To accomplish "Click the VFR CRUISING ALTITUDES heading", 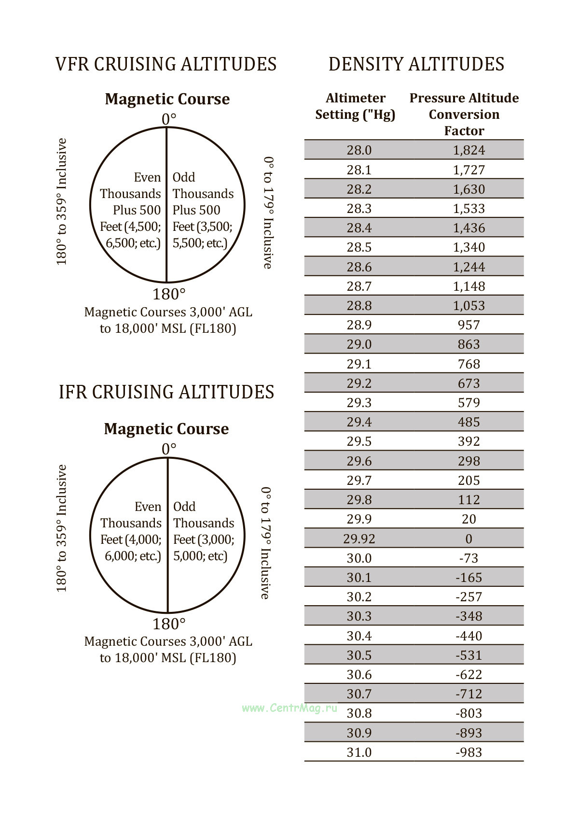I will click(166, 64).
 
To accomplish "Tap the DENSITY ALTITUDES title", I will click(416, 64).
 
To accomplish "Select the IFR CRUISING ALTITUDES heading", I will click(166, 392).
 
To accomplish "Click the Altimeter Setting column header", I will click(355, 106).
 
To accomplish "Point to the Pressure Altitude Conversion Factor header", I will click(464, 114).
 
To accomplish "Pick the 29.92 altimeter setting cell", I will click(359, 538).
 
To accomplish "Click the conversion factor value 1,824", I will click(469, 150).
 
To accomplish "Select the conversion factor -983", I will click(469, 752).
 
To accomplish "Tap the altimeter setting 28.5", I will click(359, 247).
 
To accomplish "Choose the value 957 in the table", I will click(469, 325).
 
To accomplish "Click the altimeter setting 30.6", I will click(359, 675).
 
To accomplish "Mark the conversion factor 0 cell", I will click(469, 538).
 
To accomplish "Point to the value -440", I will click(469, 636).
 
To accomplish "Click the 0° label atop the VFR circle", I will click(169, 119).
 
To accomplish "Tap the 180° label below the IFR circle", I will click(169, 624).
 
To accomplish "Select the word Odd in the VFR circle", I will click(184, 177).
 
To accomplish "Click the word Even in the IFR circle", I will click(148, 507).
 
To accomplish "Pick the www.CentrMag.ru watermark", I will click(289, 708).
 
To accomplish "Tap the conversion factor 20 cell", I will click(469, 519).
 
